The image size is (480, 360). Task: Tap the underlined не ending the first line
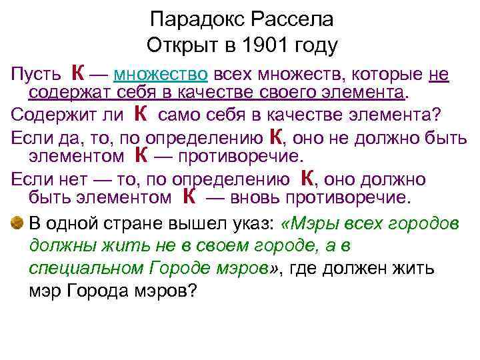pos(439,73)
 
